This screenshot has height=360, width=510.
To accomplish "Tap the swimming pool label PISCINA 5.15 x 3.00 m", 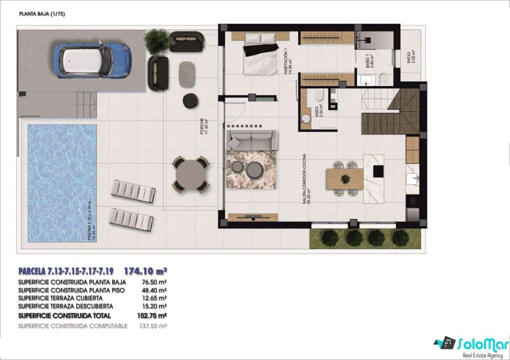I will coord(91,218).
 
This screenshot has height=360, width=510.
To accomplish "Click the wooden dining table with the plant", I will coord(345,179).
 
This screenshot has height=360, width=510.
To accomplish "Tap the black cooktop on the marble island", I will coord(378,171).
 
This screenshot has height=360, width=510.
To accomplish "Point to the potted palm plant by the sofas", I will coord(158,41).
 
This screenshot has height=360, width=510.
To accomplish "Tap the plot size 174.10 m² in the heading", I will coord(146,271).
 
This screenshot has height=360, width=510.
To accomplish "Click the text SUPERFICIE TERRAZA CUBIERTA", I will coord(60,298).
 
